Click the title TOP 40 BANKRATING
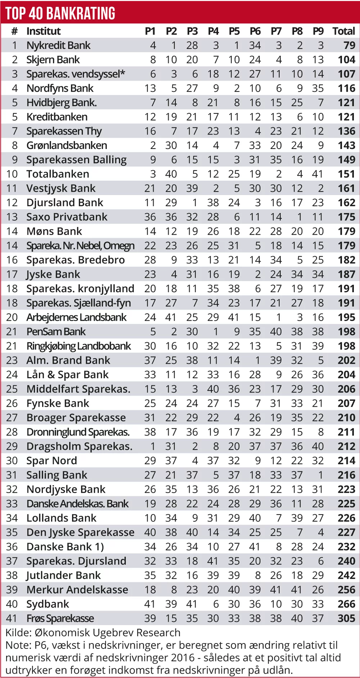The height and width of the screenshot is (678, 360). (x=60, y=13)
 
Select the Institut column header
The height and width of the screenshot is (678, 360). (x=44, y=31)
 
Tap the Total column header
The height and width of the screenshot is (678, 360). (x=343, y=31)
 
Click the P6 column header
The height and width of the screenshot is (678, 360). (x=255, y=31)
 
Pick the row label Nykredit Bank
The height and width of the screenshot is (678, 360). (x=58, y=45)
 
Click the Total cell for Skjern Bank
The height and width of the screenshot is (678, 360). (x=346, y=60)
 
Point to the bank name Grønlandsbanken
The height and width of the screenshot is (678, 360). (x=67, y=145)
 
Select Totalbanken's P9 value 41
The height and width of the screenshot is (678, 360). (x=318, y=174)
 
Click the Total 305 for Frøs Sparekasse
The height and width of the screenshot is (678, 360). (x=346, y=618)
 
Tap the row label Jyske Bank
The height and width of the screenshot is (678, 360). (x=53, y=275)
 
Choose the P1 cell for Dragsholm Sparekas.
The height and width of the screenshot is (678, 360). (x=153, y=447)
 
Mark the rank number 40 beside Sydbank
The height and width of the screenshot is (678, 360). (x=12, y=604)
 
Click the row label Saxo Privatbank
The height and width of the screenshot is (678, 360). (x=67, y=217)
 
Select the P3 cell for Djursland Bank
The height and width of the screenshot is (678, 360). (x=195, y=203)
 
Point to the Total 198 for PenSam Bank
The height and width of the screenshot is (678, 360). (x=346, y=332)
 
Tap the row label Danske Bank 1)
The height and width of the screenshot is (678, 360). (x=65, y=547)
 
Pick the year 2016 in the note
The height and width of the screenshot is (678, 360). (x=183, y=657)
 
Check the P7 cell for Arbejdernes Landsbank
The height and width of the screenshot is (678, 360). (x=279, y=317)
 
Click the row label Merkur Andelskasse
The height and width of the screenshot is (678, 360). (x=77, y=590)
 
